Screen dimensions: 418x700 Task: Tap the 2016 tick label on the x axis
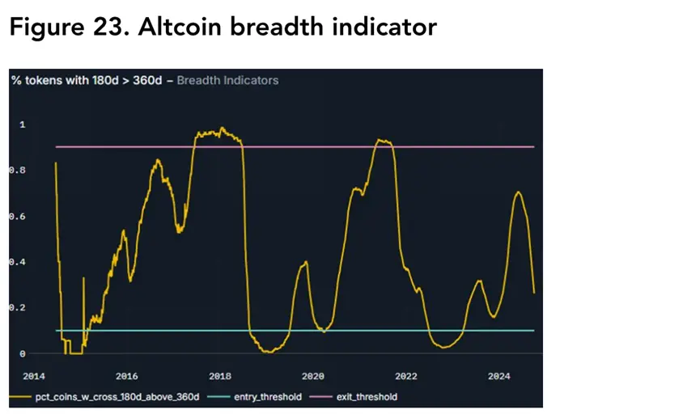click(126, 376)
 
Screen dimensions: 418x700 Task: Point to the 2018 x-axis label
click(220, 376)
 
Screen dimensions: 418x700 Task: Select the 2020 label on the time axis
click(313, 376)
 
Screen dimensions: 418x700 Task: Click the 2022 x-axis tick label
click(406, 376)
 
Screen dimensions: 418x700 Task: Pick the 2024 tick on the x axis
click(500, 376)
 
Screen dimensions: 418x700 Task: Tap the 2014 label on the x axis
click(32, 376)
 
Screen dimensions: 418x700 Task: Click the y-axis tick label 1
click(22, 125)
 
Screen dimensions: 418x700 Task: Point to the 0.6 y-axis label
click(16, 217)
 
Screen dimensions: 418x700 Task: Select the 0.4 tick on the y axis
click(16, 263)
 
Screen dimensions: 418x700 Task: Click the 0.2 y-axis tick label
click(16, 308)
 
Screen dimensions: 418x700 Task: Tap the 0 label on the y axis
click(22, 354)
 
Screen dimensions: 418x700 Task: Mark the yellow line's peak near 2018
click(222, 128)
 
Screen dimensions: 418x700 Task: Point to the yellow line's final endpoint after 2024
click(534, 293)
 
